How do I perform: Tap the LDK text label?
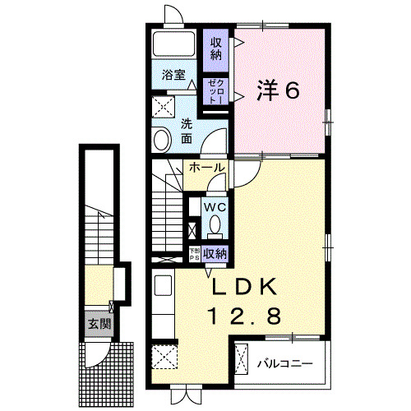click(246, 288)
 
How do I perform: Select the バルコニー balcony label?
click(283, 361)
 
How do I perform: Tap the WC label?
click(215, 206)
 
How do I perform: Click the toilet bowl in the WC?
click(215, 224)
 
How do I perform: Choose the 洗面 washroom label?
click(187, 132)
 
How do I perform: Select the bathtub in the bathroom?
click(173, 47)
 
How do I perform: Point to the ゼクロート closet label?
click(215, 90)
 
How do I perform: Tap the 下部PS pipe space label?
click(195, 254)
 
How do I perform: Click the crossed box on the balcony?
click(243, 360)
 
